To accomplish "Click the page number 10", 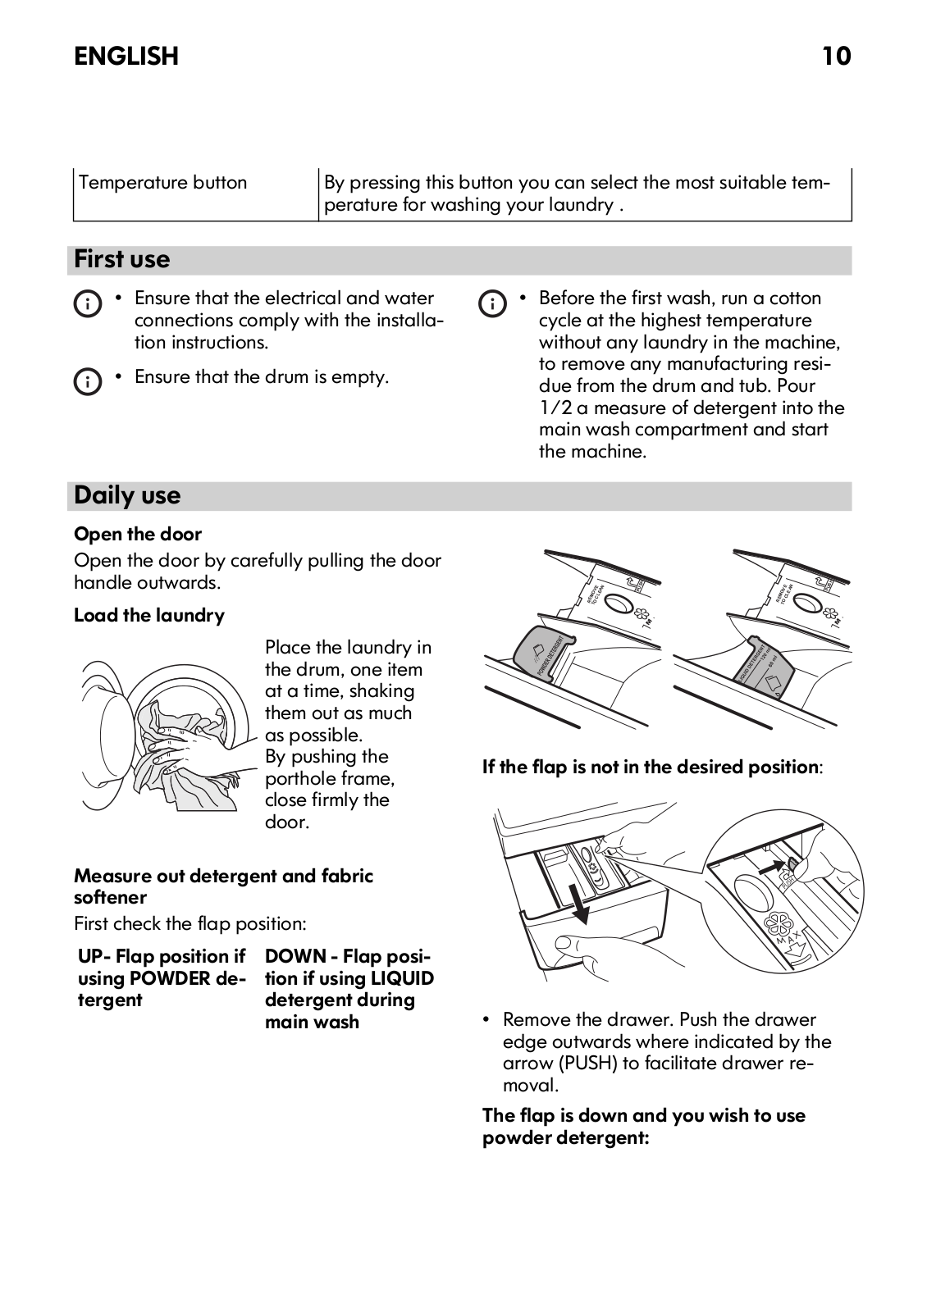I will (x=837, y=56).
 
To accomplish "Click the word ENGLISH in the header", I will (x=126, y=56).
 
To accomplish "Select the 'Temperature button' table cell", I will (x=163, y=183).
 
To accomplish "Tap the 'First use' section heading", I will (x=122, y=259).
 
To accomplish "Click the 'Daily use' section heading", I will (x=127, y=495).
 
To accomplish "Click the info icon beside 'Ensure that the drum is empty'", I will (x=87, y=381).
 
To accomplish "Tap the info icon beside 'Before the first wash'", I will (x=491, y=304).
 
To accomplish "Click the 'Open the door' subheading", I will (x=138, y=534).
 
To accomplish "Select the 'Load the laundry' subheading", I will (x=149, y=615).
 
